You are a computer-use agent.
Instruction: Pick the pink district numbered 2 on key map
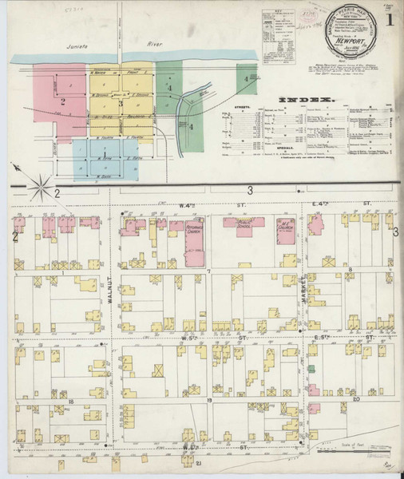61,101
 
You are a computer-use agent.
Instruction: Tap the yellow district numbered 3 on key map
120,102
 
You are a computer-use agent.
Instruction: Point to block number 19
208,399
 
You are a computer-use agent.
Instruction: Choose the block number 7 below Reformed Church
208,273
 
